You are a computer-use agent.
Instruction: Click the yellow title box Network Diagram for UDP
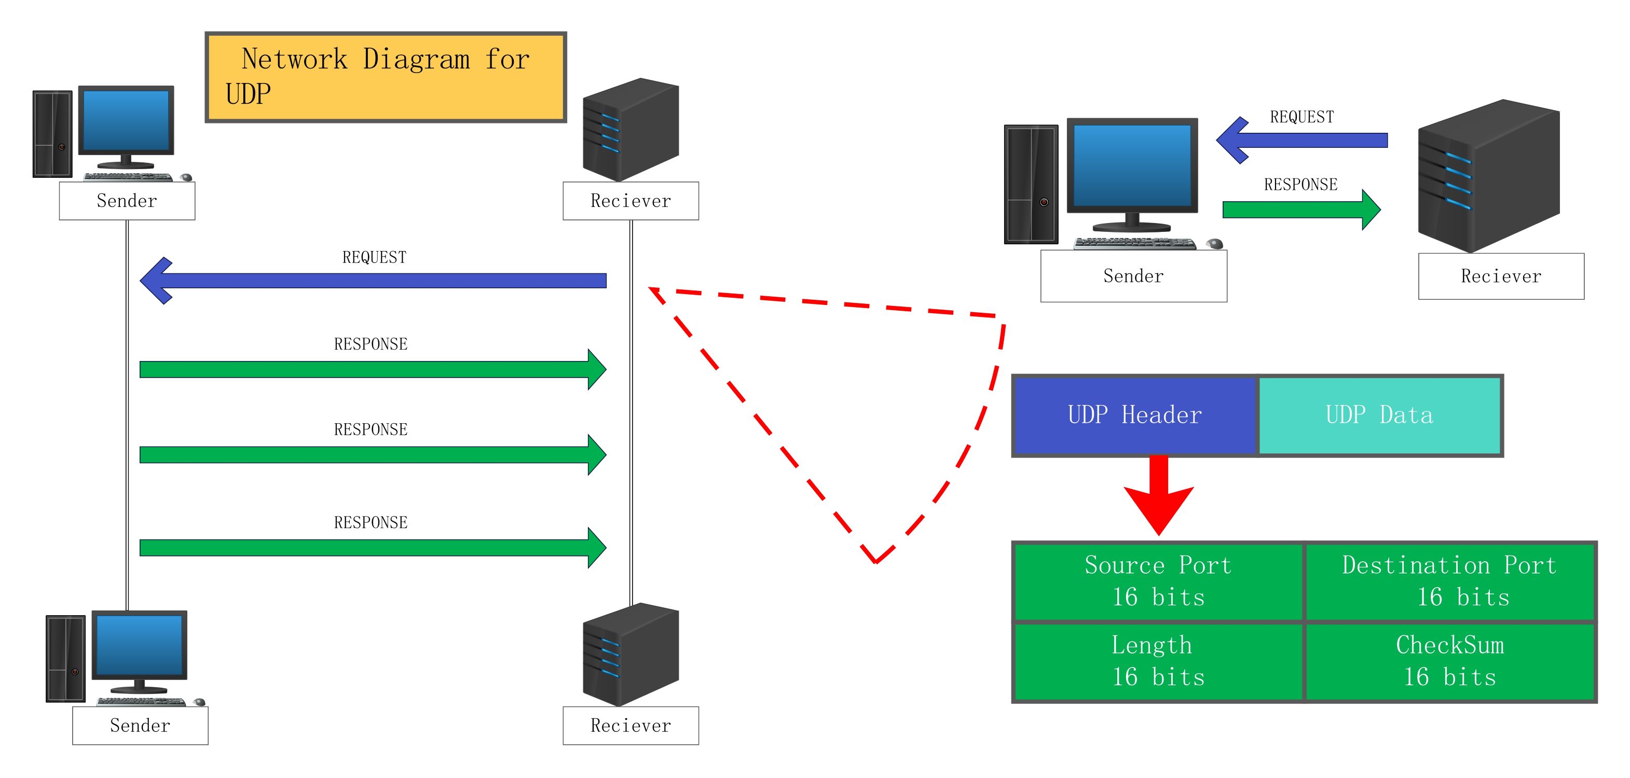coord(386,77)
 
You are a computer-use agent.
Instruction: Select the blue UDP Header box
coord(1134,415)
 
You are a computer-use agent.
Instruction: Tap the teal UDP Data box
coord(1379,415)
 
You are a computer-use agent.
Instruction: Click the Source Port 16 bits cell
coord(1158,581)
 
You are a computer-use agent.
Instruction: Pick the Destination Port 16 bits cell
coord(1449,581)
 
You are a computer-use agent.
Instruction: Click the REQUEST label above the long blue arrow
coord(374,257)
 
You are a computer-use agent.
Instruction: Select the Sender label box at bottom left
coord(140,726)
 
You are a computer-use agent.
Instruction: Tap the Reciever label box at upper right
coord(1501,276)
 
